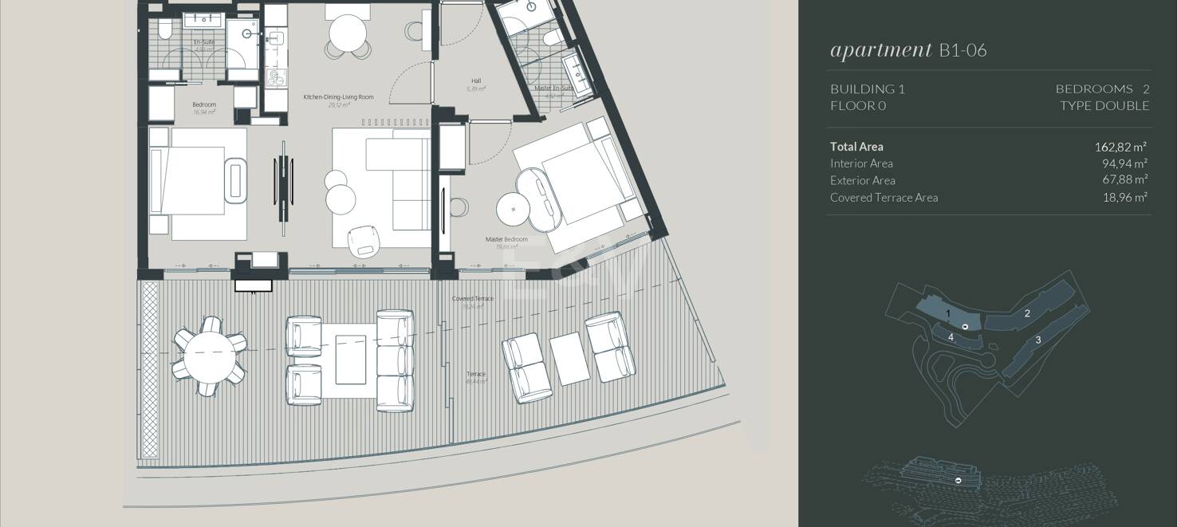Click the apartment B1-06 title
(908, 50)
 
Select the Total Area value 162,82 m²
(1120, 147)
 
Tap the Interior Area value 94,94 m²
(1124, 163)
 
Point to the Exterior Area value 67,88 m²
(1124, 180)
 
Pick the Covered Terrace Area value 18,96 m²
(1124, 198)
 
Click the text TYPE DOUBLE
(1104, 106)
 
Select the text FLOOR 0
(857, 106)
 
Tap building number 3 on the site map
(1037, 340)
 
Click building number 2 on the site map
(1027, 313)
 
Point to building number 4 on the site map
(951, 337)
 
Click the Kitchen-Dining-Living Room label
(338, 97)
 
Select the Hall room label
(476, 81)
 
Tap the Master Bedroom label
(506, 239)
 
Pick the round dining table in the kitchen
(348, 34)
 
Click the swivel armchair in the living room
(364, 241)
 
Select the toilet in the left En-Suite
(165, 30)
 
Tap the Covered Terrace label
(473, 299)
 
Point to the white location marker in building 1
(965, 327)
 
